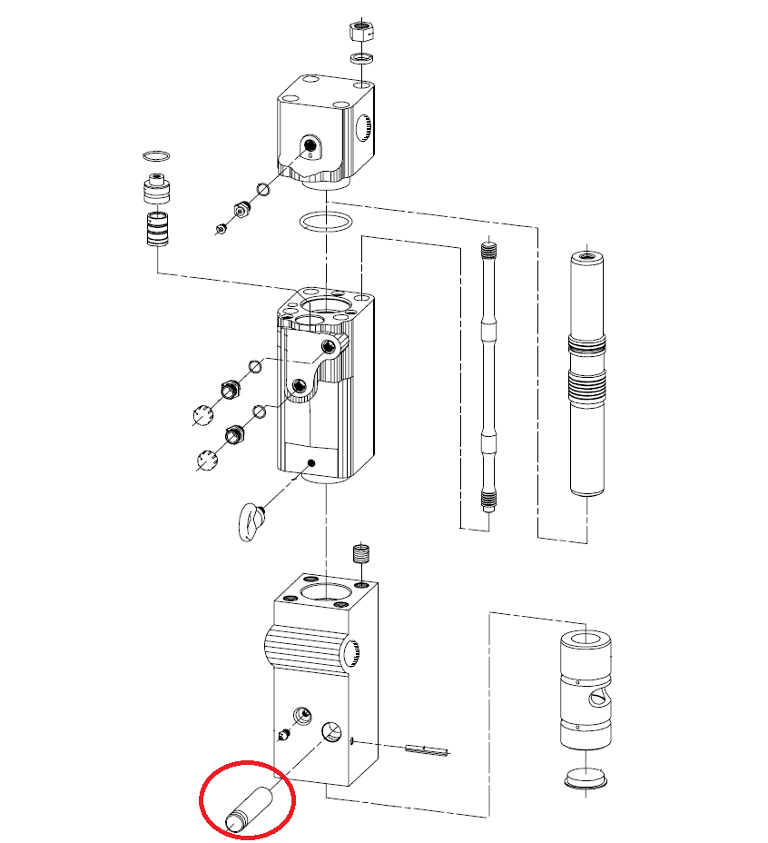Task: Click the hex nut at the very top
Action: coord(361,30)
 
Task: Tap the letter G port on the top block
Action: coord(310,146)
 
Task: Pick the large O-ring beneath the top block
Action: coord(322,222)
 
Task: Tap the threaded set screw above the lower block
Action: coord(362,552)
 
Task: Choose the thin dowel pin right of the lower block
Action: coord(427,749)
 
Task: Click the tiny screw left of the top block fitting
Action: coord(221,227)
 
